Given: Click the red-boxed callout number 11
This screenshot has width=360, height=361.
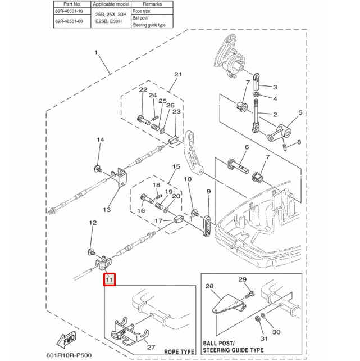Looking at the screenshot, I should (x=109, y=279).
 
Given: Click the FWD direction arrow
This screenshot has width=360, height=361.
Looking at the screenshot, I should (x=66, y=340).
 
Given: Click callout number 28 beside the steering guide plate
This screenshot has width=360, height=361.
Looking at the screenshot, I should (x=210, y=287).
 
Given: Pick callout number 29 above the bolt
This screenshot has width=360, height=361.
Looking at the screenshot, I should (x=243, y=280).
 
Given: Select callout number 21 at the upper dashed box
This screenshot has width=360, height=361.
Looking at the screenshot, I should (x=178, y=75).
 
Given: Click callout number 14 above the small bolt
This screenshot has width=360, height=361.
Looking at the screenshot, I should (x=100, y=140).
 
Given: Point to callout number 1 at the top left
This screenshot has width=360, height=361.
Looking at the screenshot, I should (x=96, y=53).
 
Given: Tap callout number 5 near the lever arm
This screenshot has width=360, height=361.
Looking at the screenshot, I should (x=300, y=114).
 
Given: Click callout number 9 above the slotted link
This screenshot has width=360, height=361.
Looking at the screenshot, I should (x=208, y=192).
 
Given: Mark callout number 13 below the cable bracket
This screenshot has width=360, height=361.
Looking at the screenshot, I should (x=107, y=210).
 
